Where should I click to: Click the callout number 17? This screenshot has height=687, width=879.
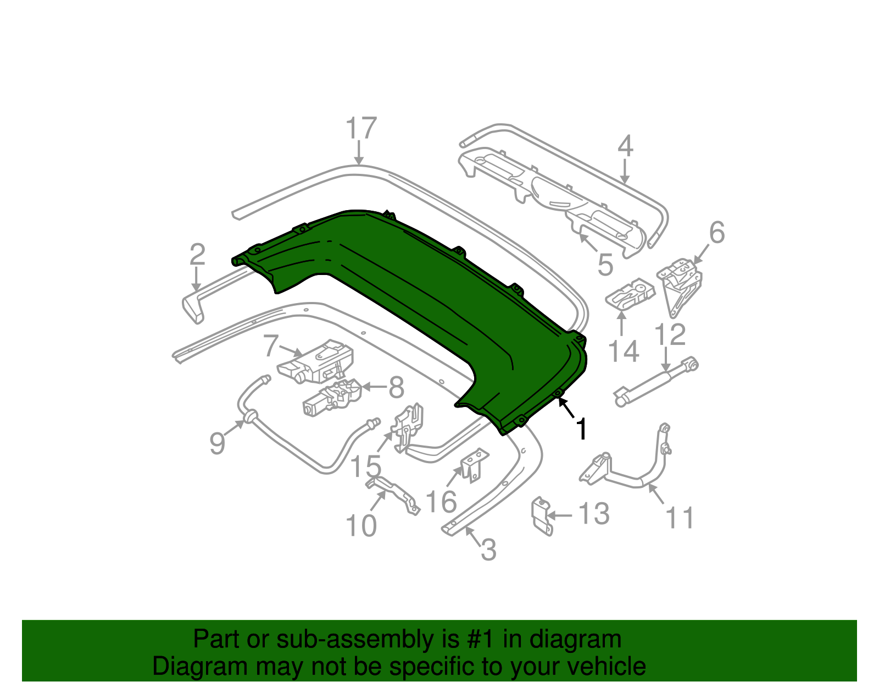tap(361, 129)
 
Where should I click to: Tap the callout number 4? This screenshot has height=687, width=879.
tap(625, 146)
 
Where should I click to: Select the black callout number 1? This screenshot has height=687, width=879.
tap(581, 429)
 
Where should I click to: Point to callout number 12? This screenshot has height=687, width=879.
tap(670, 334)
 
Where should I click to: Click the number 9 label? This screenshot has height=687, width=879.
tap(218, 443)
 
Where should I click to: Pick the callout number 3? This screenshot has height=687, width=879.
tap(488, 549)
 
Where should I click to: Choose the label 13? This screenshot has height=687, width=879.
tap(594, 514)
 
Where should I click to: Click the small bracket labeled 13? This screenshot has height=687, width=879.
tap(541, 515)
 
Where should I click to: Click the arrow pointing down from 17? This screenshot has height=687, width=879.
tap(359, 153)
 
